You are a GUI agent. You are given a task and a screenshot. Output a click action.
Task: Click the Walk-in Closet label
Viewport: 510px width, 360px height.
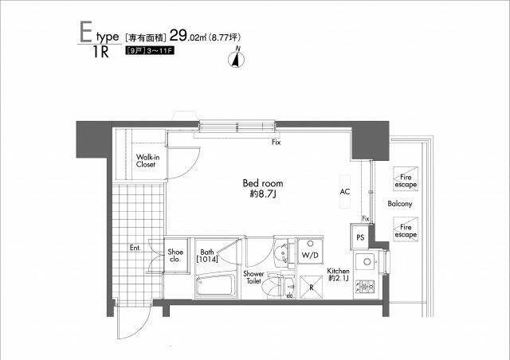tap(145, 161)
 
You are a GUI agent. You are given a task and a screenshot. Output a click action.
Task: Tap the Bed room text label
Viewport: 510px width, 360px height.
tap(262, 188)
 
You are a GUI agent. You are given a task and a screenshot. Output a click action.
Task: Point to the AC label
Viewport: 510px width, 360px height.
tap(345, 192)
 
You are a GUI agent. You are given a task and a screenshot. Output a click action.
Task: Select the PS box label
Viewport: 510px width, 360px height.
tap(360, 237)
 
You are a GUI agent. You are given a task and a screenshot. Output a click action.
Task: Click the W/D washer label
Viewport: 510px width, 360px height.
tap(310, 255)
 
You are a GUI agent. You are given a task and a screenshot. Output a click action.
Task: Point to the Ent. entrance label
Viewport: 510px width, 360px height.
tap(135, 248)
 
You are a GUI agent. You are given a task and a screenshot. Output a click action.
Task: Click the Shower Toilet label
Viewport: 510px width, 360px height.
tap(253, 276)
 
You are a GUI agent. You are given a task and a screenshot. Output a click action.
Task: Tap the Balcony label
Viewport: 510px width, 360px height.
tap(400, 205)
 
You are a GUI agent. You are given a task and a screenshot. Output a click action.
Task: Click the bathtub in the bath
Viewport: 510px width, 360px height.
tap(215, 283)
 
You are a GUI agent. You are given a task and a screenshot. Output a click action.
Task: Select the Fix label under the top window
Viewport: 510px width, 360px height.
tap(276, 143)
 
